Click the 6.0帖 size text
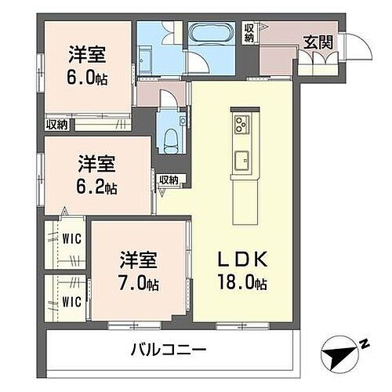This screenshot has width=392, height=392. click(87, 78)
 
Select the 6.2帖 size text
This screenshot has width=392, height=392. click(98, 188)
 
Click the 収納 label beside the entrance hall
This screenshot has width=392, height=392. click(249, 33)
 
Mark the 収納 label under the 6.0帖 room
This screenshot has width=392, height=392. click(56, 124)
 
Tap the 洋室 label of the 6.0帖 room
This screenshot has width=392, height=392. click(87, 56)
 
